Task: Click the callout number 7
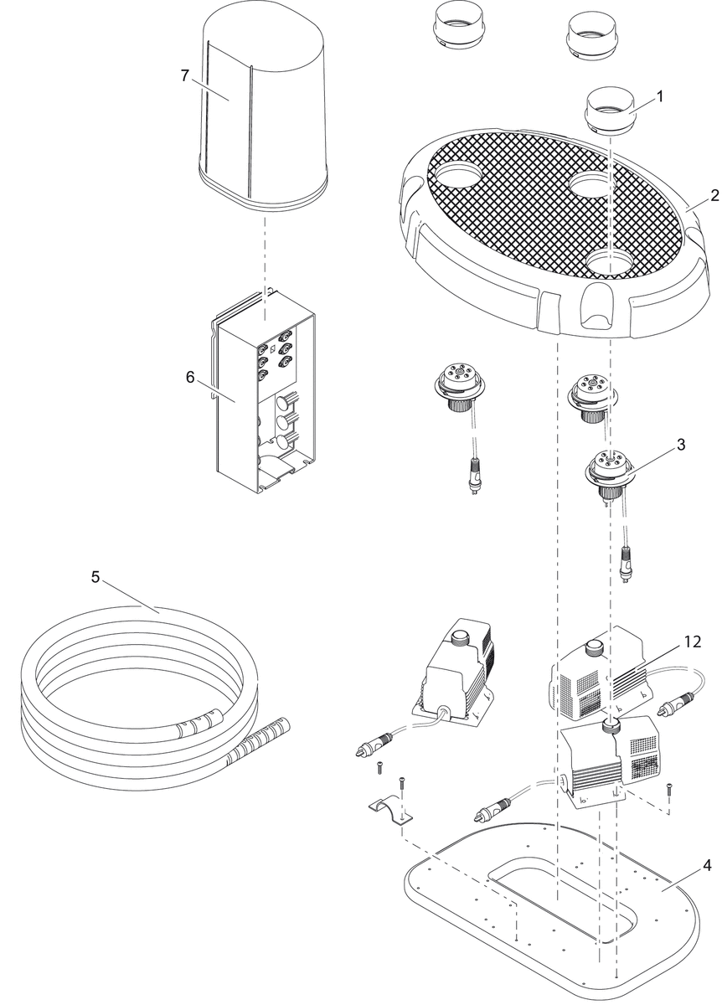184,75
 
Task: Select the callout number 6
190,377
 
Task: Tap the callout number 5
95,577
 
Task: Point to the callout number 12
692,643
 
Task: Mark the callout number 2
714,196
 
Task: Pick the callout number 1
660,96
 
